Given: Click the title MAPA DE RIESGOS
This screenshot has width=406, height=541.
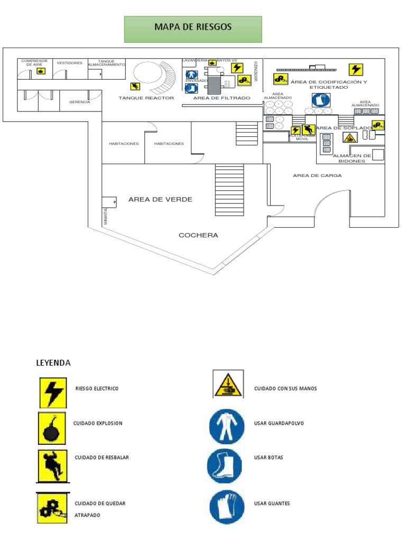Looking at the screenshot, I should click(x=192, y=27).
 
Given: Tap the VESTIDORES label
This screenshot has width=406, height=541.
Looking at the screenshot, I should click(x=69, y=63).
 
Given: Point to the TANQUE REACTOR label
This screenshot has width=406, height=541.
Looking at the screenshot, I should click(x=146, y=98).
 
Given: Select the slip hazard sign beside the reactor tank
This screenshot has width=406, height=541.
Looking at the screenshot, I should click(x=136, y=87).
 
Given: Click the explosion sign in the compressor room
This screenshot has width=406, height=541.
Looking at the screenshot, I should click(x=40, y=71).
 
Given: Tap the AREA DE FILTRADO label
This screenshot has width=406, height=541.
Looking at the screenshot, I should click(x=222, y=98).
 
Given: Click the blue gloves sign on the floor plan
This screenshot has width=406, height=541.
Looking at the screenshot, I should click(x=321, y=100).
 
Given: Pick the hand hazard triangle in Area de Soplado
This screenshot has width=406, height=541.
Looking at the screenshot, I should click(x=349, y=137).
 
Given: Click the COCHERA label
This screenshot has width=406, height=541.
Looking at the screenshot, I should click(x=198, y=235).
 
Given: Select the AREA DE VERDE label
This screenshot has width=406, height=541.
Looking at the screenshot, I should click(x=160, y=199).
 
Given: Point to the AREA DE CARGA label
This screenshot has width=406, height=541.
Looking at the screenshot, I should click(x=317, y=175).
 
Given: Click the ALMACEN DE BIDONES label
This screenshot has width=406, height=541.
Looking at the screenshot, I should click(x=352, y=158).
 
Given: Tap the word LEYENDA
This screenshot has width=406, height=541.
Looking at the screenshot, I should click(x=53, y=363).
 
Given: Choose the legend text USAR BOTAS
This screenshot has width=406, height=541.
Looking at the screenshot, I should click(x=269, y=458).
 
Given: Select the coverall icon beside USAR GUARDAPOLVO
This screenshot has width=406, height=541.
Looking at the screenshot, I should click(x=227, y=426).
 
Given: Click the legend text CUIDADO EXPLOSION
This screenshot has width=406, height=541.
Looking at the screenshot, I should click(x=98, y=423).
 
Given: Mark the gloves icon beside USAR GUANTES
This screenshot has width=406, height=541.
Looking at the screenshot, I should click(x=227, y=506).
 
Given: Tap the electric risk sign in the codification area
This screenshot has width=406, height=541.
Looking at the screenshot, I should click(x=356, y=69).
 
